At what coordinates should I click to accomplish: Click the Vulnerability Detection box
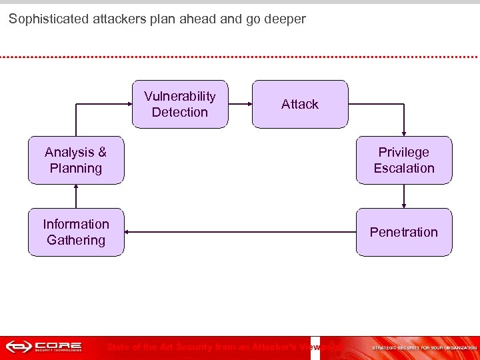click(179, 104)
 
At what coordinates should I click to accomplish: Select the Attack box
click(300, 104)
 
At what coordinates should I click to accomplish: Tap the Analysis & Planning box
click(75, 160)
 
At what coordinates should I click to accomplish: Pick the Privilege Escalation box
click(403, 160)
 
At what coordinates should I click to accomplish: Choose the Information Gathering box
click(75, 232)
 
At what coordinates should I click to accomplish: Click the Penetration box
click(403, 232)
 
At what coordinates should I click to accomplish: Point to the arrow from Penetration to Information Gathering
click(240, 232)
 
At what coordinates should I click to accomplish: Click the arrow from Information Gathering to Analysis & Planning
click(76, 196)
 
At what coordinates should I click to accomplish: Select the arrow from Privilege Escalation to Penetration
click(404, 196)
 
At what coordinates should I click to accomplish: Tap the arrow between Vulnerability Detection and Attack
click(240, 104)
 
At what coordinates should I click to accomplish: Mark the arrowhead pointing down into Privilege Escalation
click(404, 133)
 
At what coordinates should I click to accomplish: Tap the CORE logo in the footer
click(44, 347)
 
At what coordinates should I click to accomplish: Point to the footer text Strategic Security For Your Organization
click(424, 347)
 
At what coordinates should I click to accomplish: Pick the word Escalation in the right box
click(403, 168)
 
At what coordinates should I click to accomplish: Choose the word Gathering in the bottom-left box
click(75, 240)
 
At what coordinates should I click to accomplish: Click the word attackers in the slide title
click(115, 19)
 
